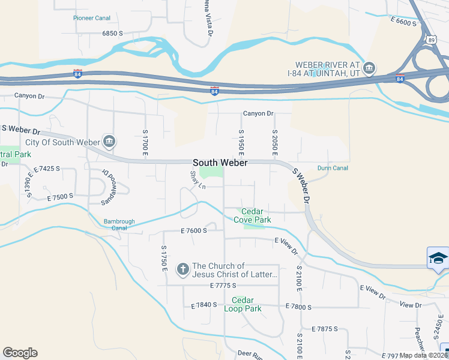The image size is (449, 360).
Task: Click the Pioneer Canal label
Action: click(x=92, y=18)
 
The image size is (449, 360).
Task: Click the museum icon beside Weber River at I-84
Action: click(x=370, y=67)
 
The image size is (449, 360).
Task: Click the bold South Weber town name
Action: click(x=220, y=163)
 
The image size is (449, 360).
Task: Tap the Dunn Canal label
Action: click(x=333, y=169)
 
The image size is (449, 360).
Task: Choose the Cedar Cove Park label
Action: click(x=256, y=215)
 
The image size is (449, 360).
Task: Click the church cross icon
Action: click(x=183, y=269)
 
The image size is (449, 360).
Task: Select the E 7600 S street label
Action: click(x=193, y=230)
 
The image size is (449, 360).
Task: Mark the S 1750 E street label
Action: click(x=163, y=258)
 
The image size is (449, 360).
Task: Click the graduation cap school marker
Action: click(x=438, y=258)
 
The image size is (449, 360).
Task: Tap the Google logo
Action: click(x=20, y=353)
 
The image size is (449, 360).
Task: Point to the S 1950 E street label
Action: click(x=241, y=142)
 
